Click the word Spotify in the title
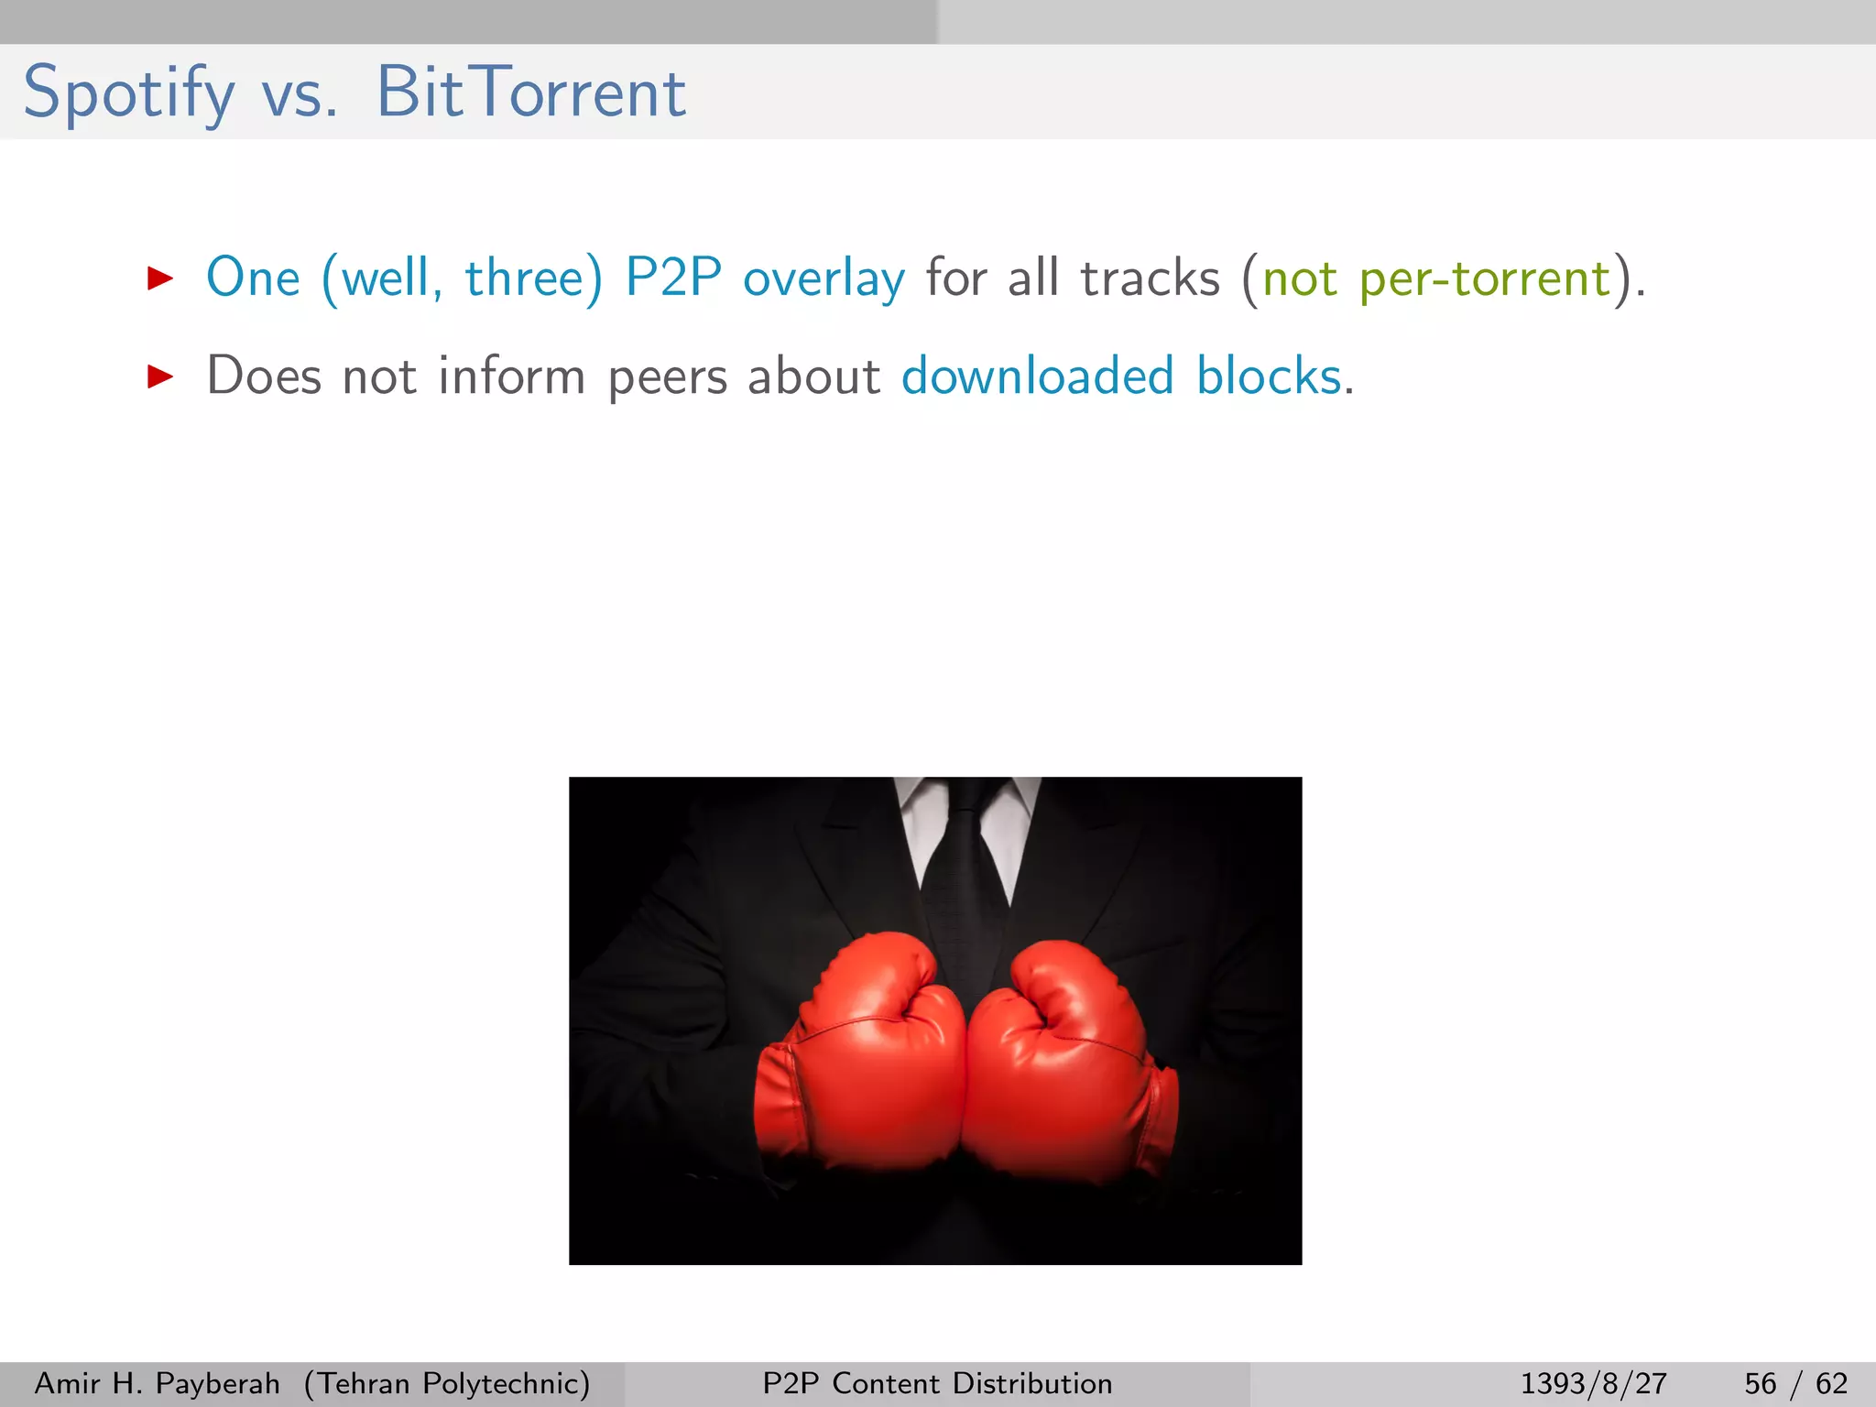128,93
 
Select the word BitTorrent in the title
531,93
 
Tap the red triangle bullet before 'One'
160,278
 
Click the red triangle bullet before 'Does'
160,376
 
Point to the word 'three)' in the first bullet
534,278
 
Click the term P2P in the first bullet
673,278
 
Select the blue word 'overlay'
823,279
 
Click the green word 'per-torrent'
1484,279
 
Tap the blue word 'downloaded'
1037,376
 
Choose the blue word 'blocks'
1269,376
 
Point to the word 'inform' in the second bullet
511,376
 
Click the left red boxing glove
861,1063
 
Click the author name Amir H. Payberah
157,1383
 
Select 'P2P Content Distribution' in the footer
937,1383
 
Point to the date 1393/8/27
1593,1383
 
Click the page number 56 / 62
1795,1383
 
